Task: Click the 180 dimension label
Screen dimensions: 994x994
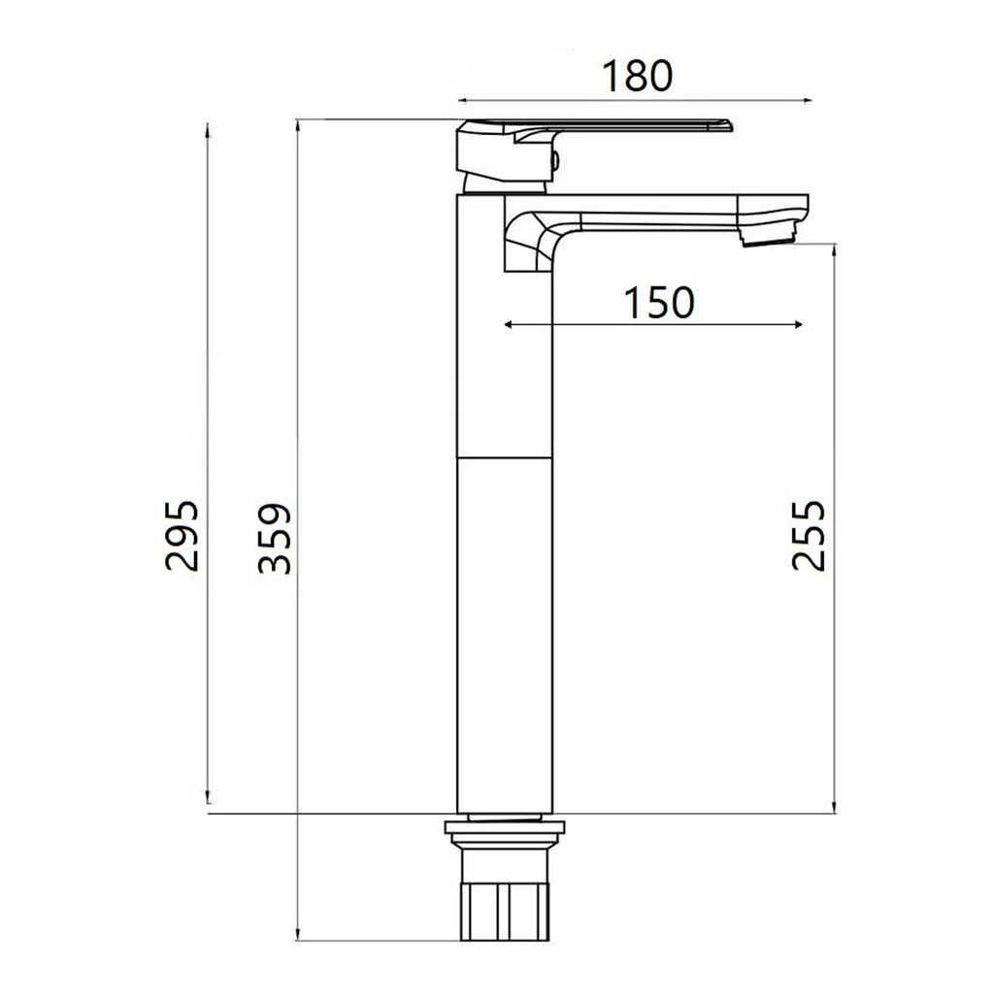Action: [x=637, y=76]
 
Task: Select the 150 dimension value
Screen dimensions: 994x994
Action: [x=659, y=303]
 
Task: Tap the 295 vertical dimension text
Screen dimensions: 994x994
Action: [x=182, y=535]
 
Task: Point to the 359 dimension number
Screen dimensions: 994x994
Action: [x=275, y=539]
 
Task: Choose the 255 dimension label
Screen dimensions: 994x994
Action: [x=808, y=535]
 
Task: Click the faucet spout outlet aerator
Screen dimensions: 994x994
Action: [x=766, y=236]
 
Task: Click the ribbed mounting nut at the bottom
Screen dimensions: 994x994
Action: [x=504, y=910]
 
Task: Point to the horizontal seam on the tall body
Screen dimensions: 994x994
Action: [x=504, y=455]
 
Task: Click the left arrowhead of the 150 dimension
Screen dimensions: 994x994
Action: [x=508, y=324]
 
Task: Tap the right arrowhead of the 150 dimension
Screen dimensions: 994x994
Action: [x=799, y=324]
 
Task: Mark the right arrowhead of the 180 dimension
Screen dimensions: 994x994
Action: [x=805, y=99]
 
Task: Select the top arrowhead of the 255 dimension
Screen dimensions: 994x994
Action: [x=834, y=248]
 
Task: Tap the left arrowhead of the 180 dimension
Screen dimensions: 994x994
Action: [x=463, y=99]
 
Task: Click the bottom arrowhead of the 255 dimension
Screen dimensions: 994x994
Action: [x=834, y=807]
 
